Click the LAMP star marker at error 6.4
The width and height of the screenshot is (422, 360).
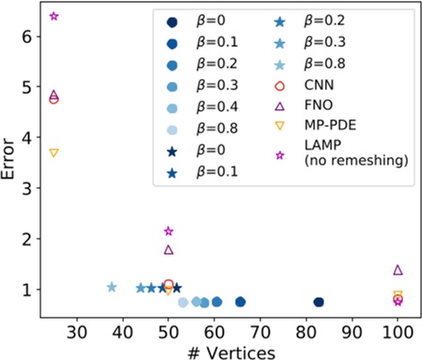(x=54, y=17)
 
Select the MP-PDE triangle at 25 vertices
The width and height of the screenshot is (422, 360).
(x=54, y=152)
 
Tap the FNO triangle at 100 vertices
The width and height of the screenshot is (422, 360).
(x=398, y=270)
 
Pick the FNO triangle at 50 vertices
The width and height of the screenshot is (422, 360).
(x=168, y=250)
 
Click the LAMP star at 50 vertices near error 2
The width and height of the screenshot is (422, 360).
(x=168, y=231)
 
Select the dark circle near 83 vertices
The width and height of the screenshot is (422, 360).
(x=319, y=302)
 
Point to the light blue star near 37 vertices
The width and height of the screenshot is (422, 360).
(x=112, y=287)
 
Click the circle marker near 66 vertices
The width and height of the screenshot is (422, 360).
(x=241, y=302)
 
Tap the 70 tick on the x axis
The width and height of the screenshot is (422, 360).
(x=260, y=331)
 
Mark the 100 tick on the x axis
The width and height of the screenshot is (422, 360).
(x=398, y=331)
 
